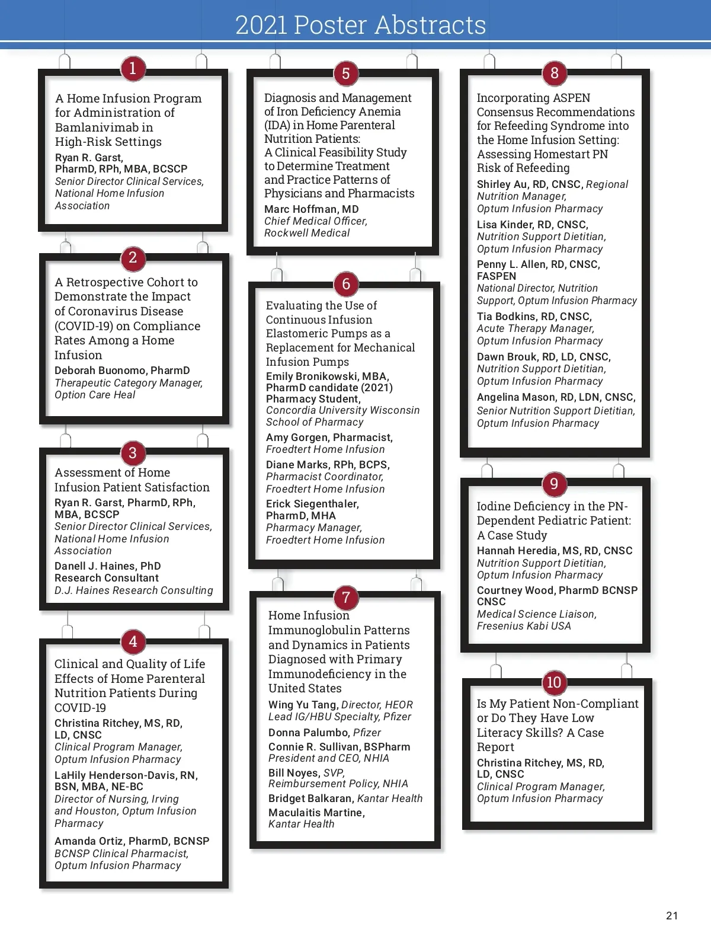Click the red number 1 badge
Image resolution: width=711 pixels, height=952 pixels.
click(133, 69)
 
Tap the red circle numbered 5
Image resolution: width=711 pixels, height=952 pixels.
click(346, 74)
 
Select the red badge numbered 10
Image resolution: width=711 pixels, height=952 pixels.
click(554, 682)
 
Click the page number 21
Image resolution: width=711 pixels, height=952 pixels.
click(672, 916)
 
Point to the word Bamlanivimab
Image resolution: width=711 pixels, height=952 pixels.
click(104, 127)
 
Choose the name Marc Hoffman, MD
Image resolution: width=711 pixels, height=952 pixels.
click(311, 209)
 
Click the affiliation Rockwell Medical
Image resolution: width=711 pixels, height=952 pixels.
click(307, 233)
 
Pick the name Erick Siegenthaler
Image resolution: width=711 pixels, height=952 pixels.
click(312, 504)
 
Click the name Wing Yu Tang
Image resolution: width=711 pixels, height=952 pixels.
click(302, 705)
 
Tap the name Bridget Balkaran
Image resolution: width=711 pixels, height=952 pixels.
click(310, 798)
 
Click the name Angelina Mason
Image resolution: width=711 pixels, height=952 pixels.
click(514, 397)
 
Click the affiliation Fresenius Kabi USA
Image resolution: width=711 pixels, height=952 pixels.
click(524, 626)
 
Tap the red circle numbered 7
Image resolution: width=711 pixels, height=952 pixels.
click(346, 598)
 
